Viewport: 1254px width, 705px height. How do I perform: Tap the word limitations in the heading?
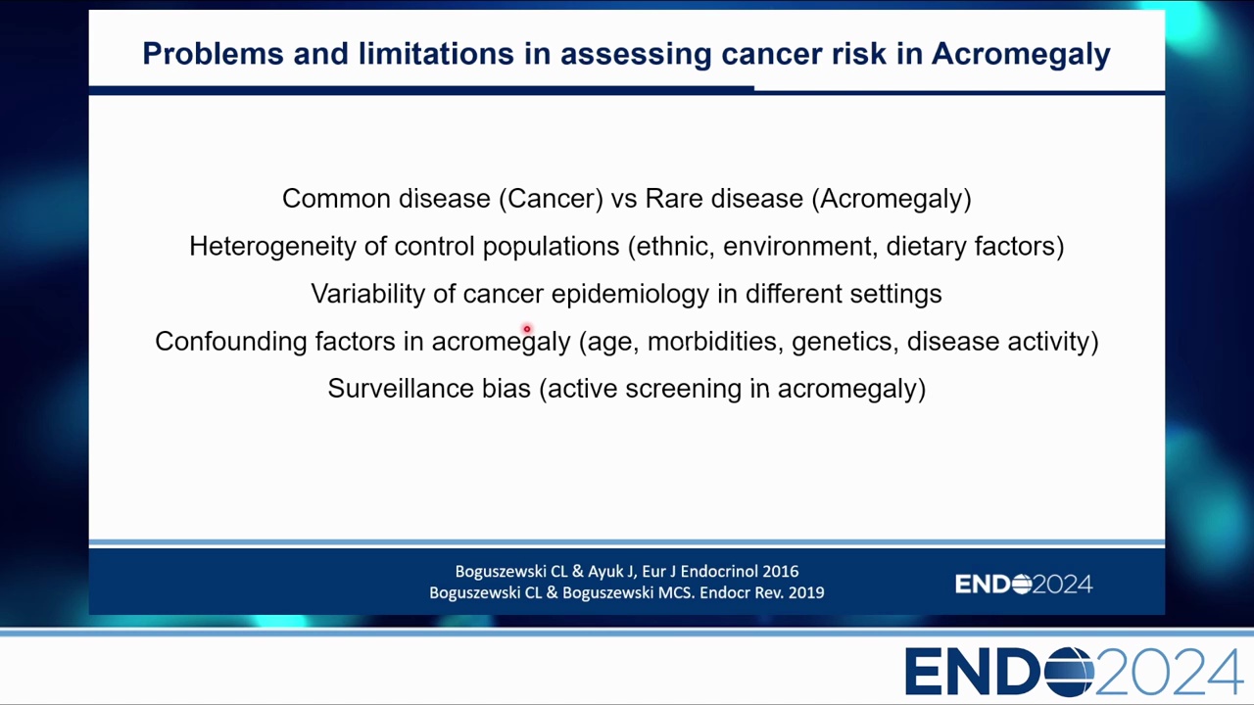pyautogui.click(x=436, y=54)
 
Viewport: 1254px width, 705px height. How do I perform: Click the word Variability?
pyautogui.click(x=367, y=295)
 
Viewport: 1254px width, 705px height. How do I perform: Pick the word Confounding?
pyautogui.click(x=230, y=342)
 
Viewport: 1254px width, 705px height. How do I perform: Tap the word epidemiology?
pyautogui.click(x=630, y=295)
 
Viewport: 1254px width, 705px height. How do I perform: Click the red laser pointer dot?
pyautogui.click(x=527, y=329)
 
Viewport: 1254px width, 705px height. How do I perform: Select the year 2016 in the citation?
pyautogui.click(x=781, y=571)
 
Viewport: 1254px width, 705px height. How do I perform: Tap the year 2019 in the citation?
pyautogui.click(x=806, y=592)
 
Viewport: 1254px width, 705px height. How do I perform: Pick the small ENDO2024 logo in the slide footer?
pyautogui.click(x=1024, y=585)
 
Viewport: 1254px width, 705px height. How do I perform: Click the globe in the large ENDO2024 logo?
pyautogui.click(x=1069, y=672)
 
